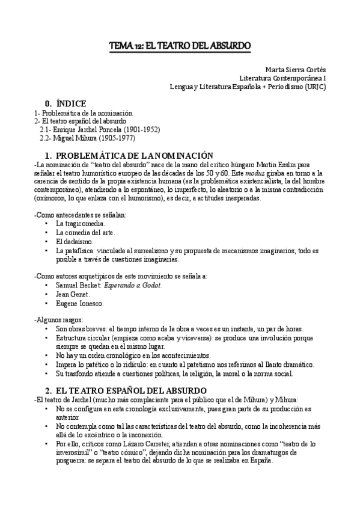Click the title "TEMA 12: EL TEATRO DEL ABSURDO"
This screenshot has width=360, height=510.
point(180,46)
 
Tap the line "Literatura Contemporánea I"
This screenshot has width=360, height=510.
point(282,78)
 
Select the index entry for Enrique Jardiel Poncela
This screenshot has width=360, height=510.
point(99,129)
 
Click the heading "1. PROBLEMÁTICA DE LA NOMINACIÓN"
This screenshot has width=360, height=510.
point(130,155)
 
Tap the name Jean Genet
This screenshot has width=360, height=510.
point(73,294)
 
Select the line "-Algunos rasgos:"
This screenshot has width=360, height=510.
point(59,320)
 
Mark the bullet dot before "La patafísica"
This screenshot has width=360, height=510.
point(47,250)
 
